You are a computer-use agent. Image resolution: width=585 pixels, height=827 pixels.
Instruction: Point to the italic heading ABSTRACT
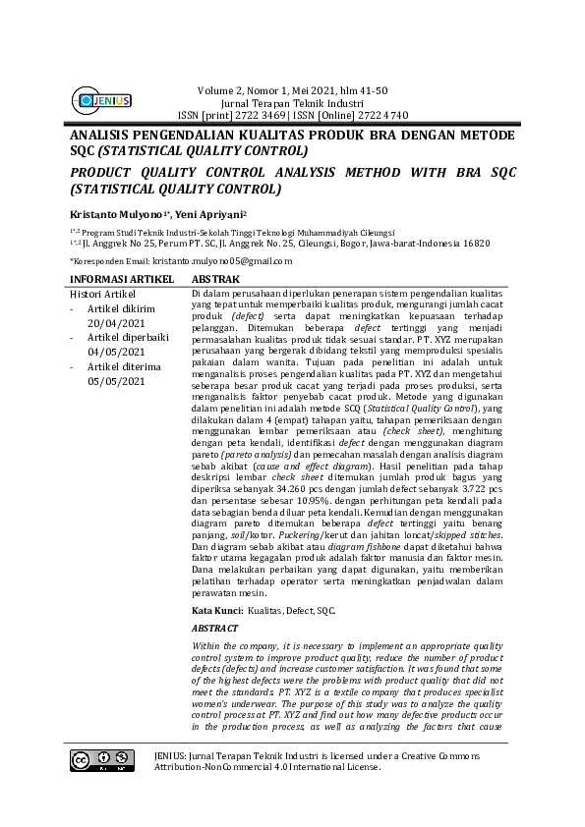(x=214, y=626)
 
